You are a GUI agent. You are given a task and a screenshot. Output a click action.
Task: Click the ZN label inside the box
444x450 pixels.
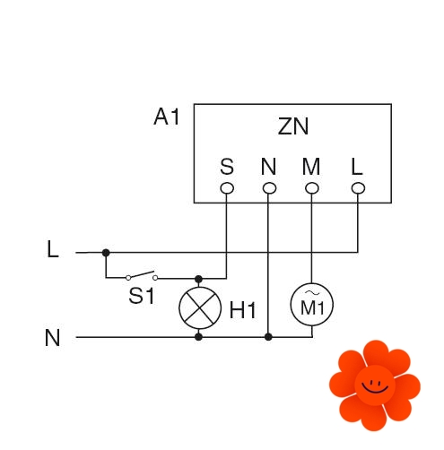click(292, 126)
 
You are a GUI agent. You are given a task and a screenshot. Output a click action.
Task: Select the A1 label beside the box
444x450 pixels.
click(166, 117)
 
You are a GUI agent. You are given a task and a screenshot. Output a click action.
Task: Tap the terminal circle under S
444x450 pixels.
click(227, 188)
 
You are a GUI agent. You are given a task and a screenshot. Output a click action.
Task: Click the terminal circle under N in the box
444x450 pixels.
click(269, 188)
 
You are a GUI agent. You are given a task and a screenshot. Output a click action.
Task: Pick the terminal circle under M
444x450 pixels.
click(312, 188)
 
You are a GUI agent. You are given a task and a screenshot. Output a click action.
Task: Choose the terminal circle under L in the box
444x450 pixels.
click(358, 188)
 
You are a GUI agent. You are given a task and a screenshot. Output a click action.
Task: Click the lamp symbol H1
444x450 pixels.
click(200, 307)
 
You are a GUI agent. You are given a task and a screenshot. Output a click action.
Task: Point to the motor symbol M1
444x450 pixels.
click(312, 305)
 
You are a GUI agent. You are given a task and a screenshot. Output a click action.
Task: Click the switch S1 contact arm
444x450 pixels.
click(142, 274)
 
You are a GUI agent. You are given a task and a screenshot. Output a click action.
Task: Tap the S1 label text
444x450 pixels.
click(142, 296)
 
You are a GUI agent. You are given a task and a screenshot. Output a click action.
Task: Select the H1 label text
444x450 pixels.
click(242, 310)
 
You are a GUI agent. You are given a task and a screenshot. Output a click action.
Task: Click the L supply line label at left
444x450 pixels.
click(53, 249)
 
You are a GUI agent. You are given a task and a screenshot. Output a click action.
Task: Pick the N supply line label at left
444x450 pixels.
click(52, 338)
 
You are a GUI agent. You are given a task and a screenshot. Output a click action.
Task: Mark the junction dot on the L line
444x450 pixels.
click(106, 253)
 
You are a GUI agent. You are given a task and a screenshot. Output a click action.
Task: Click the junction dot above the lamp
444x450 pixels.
click(198, 280)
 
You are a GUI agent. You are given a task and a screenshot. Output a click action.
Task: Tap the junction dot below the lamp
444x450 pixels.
click(198, 337)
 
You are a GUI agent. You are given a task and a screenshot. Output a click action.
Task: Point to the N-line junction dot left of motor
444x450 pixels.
click(268, 337)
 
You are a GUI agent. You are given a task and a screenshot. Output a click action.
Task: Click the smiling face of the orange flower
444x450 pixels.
click(375, 385)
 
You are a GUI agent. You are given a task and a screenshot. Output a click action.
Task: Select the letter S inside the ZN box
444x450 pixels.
click(227, 167)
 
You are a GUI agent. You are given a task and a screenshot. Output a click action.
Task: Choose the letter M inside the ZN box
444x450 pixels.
click(311, 167)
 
